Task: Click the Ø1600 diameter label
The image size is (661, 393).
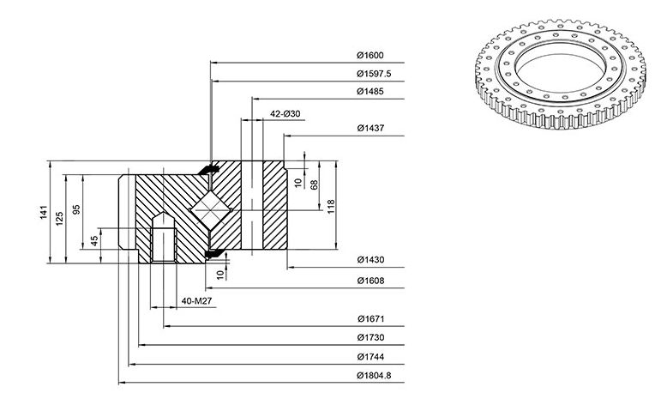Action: tap(370, 55)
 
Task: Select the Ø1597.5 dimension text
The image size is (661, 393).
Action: tap(374, 74)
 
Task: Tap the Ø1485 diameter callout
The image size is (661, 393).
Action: tap(370, 91)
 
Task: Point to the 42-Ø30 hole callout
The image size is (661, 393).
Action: tap(285, 114)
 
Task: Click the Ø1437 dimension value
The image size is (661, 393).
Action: tap(370, 128)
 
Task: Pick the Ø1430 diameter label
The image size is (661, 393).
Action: tap(370, 260)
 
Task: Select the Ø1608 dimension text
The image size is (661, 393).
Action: tap(370, 281)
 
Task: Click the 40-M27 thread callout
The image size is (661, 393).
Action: tap(196, 301)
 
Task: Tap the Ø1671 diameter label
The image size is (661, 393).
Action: tap(370, 318)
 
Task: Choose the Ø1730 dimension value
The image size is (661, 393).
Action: tap(370, 337)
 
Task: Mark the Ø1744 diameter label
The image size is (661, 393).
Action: tap(370, 357)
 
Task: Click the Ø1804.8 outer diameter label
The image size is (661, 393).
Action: tap(374, 375)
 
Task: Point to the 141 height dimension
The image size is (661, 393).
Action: tap(44, 212)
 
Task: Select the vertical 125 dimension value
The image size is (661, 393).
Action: tap(59, 218)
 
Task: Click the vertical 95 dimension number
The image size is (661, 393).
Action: tap(76, 209)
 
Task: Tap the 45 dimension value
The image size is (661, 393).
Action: tap(94, 241)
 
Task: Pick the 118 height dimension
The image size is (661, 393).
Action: tap(331, 207)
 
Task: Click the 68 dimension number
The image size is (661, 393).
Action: tap(314, 184)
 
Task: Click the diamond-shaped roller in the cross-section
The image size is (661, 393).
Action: tap(211, 210)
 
